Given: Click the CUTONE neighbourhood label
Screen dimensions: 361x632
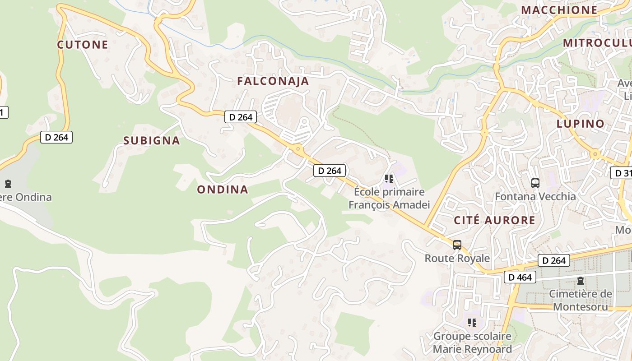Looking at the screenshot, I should pyautogui.click(x=83, y=45).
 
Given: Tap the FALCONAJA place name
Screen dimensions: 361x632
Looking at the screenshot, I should pyautogui.click(x=273, y=81).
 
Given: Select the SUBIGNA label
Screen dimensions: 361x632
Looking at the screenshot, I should pyautogui.click(x=152, y=141).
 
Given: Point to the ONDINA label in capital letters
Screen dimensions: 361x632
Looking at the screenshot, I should pyautogui.click(x=223, y=190).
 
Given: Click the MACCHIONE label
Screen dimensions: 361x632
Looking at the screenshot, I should pyautogui.click(x=559, y=10).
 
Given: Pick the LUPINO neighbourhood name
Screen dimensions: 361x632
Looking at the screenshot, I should pyautogui.click(x=580, y=124).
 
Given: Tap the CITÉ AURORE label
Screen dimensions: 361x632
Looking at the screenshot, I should pyautogui.click(x=494, y=221).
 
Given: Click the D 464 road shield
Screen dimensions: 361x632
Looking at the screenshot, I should pyautogui.click(x=520, y=277).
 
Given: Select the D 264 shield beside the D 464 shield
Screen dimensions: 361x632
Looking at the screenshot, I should pyautogui.click(x=553, y=260).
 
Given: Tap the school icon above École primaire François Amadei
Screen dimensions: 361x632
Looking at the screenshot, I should pyautogui.click(x=389, y=179).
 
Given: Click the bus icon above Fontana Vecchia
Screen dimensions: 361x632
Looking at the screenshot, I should pyautogui.click(x=535, y=183).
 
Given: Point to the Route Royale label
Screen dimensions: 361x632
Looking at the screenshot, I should pyautogui.click(x=457, y=258).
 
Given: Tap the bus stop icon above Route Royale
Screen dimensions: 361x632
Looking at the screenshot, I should pyautogui.click(x=457, y=245).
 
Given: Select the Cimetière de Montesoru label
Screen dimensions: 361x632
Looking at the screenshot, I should pyautogui.click(x=581, y=300).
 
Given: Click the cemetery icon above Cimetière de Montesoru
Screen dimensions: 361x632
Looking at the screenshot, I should pyautogui.click(x=580, y=281).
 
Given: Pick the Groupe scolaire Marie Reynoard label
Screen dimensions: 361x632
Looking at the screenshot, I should pyautogui.click(x=472, y=342).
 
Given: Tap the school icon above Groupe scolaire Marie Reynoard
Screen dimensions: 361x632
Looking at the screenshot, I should pyautogui.click(x=472, y=323).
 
